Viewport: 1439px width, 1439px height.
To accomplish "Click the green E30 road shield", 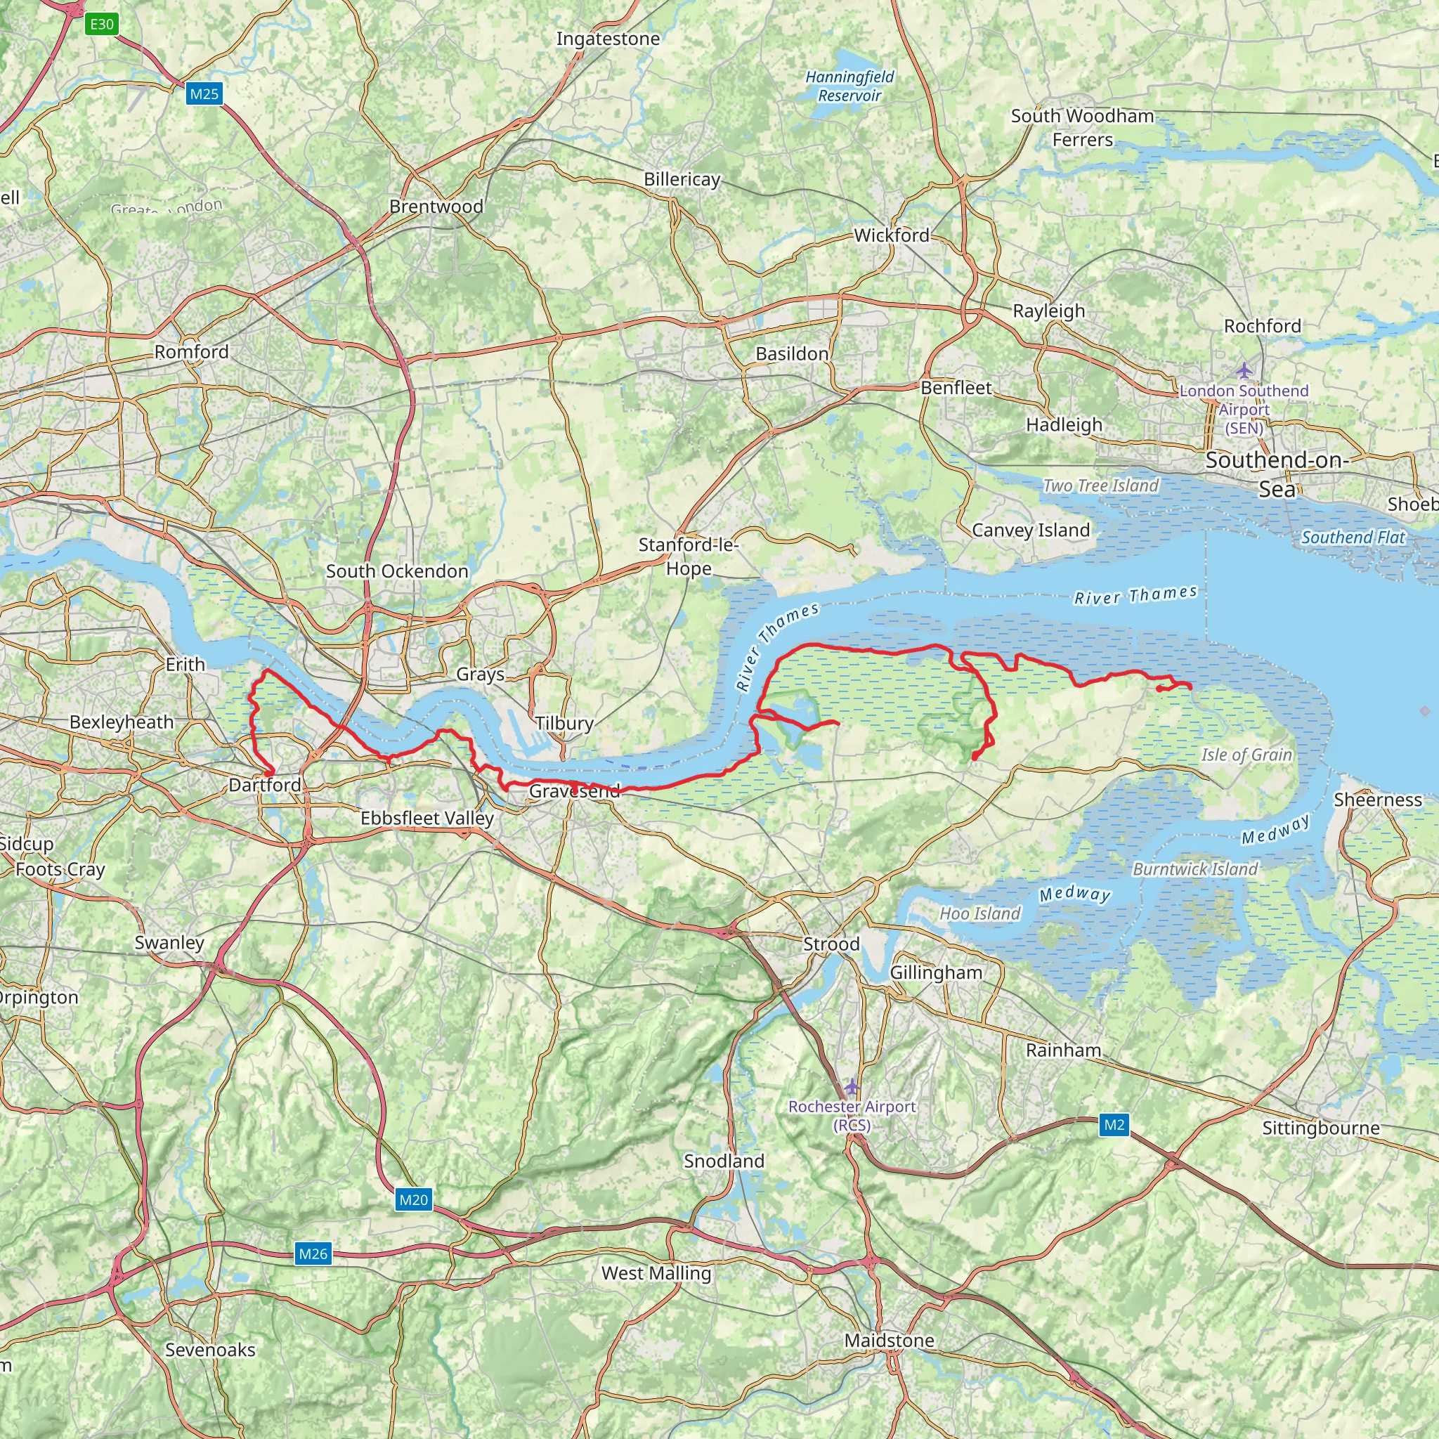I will pyautogui.click(x=102, y=24).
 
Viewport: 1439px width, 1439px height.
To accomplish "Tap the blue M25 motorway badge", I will pyautogui.click(x=204, y=94).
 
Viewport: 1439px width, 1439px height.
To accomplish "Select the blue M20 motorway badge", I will pyautogui.click(x=413, y=1199).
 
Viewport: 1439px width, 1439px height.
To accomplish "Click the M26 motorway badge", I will pyautogui.click(x=313, y=1254).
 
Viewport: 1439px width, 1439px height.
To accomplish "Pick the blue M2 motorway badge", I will pyautogui.click(x=1114, y=1125).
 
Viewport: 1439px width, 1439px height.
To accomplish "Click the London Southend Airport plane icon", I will pyautogui.click(x=1243, y=370).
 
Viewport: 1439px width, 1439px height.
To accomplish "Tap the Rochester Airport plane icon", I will pyautogui.click(x=852, y=1087).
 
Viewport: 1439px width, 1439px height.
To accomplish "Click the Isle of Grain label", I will pyautogui.click(x=1246, y=755).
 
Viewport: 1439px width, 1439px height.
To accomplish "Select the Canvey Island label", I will pyautogui.click(x=1030, y=530).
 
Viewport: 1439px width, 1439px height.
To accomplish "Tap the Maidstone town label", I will pyautogui.click(x=889, y=1341).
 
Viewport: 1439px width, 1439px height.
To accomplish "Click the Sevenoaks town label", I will pyautogui.click(x=210, y=1350).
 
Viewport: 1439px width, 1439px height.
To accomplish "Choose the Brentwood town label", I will pyautogui.click(x=436, y=207).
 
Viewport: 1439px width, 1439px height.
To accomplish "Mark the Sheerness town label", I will pyautogui.click(x=1377, y=800).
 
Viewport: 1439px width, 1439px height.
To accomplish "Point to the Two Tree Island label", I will pyautogui.click(x=1100, y=486).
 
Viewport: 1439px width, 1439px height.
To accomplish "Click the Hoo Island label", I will pyautogui.click(x=979, y=914).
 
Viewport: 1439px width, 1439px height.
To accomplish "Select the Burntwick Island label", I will pyautogui.click(x=1194, y=869).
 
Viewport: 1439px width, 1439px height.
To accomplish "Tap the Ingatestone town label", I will pyautogui.click(x=608, y=39).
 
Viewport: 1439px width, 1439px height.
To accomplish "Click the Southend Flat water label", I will pyautogui.click(x=1353, y=537).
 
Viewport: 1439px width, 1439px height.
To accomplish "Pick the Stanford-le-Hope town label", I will pyautogui.click(x=688, y=556).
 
